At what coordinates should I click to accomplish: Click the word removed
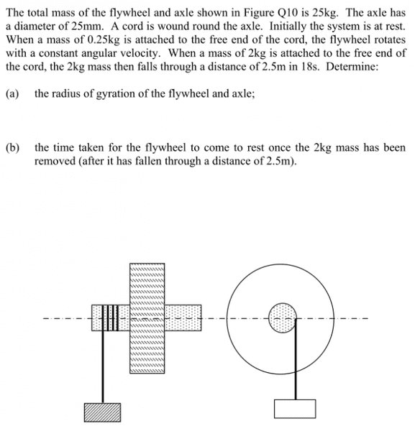click(x=55, y=162)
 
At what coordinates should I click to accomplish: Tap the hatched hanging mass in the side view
click(x=102, y=412)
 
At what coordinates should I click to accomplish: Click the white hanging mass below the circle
click(x=295, y=407)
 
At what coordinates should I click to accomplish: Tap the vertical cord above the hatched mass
click(x=104, y=366)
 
